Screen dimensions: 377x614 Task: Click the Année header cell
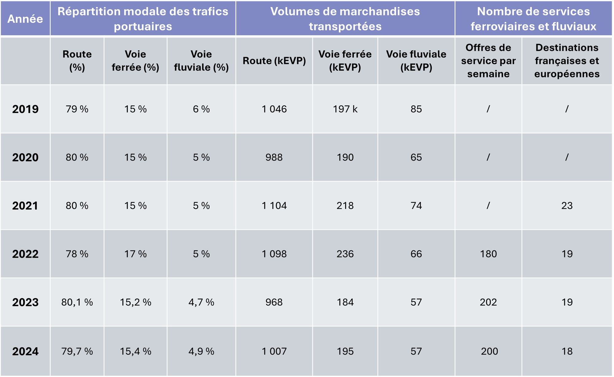coord(25,19)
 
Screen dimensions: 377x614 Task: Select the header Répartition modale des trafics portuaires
coord(143,19)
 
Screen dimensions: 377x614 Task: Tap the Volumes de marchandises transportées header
coord(345,19)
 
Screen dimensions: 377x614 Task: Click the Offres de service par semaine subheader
coord(488,61)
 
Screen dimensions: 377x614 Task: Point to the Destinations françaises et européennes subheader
coord(567,61)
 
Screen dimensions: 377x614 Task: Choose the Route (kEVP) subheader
coord(274,61)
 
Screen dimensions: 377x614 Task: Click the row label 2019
coord(25,109)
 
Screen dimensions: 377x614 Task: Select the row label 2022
coord(25,254)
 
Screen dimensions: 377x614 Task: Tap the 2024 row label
coord(25,351)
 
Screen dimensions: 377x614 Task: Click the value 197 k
coord(345,109)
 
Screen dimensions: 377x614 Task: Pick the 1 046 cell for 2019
coord(274,109)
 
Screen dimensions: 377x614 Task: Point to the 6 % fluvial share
coord(201,109)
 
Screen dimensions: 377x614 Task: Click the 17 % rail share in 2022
coord(135,254)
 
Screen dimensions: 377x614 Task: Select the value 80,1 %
coord(77,302)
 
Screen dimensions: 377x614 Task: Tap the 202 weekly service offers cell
coord(488,302)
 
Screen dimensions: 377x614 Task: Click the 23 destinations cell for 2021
coord(567,206)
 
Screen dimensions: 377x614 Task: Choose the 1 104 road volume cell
coord(274,206)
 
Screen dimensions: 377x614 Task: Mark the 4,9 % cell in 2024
coord(201,351)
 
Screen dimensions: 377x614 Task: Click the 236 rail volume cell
coord(345,254)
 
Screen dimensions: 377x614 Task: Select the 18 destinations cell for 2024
coord(567,351)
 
